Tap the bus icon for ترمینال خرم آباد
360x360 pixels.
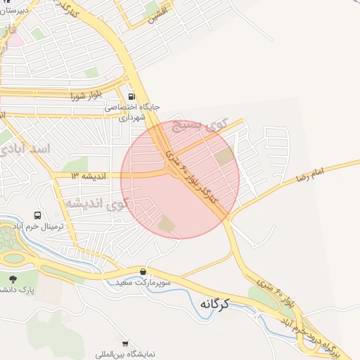[x=37, y=215]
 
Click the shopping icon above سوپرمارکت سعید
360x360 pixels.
[x=143, y=271]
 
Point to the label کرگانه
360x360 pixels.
[x=216, y=304]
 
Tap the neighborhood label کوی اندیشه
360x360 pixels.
[x=98, y=204]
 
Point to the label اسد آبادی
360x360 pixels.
[x=26, y=150]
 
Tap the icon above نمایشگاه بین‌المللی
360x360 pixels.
[x=125, y=344]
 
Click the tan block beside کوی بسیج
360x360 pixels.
[x=224, y=157]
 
